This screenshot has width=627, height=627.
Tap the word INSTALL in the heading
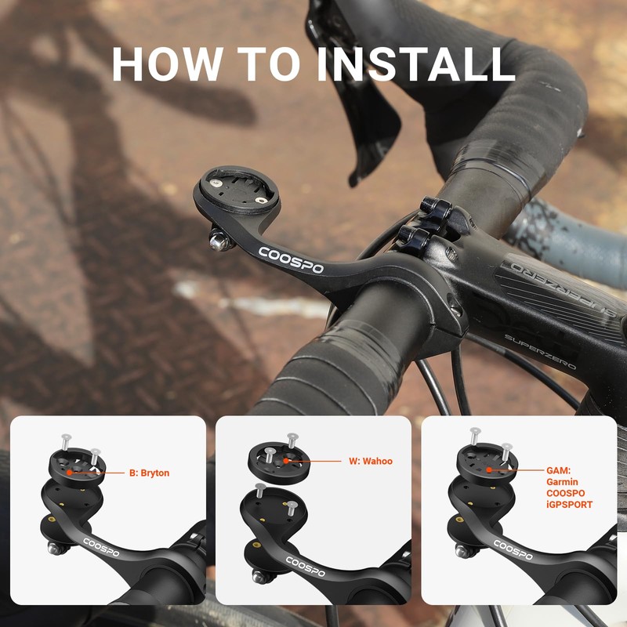[415, 64]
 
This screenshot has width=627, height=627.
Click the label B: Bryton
[149, 473]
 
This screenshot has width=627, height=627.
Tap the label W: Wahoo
[371, 462]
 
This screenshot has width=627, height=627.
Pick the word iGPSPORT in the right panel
[570, 505]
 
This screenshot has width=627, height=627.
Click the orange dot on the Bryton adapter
[69, 473]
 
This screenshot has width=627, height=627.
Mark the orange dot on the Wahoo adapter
[288, 462]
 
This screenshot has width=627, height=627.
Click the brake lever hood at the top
[368, 118]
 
